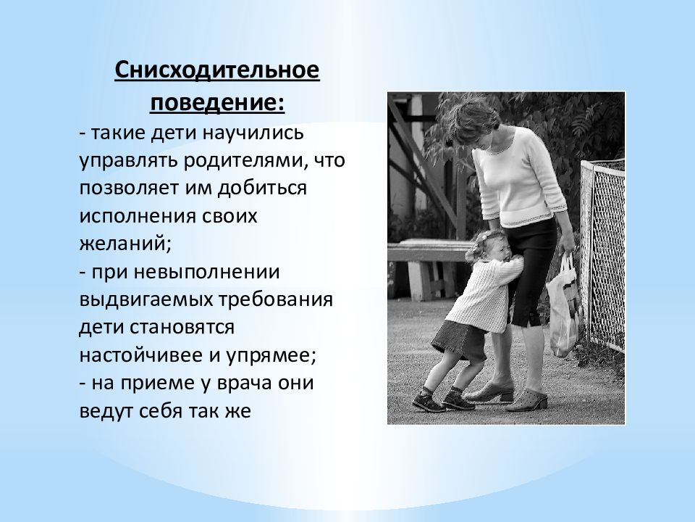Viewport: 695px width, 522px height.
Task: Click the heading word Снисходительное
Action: click(x=217, y=70)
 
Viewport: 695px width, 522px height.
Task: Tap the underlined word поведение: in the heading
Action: click(x=217, y=102)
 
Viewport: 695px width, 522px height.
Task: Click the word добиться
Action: click(x=262, y=188)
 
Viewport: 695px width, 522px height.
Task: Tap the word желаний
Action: click(x=125, y=244)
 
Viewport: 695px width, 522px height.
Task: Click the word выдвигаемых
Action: click(x=146, y=299)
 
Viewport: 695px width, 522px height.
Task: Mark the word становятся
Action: click(x=182, y=328)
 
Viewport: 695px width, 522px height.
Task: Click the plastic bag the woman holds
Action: click(x=563, y=305)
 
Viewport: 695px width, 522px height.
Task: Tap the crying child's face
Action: click(x=491, y=250)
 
